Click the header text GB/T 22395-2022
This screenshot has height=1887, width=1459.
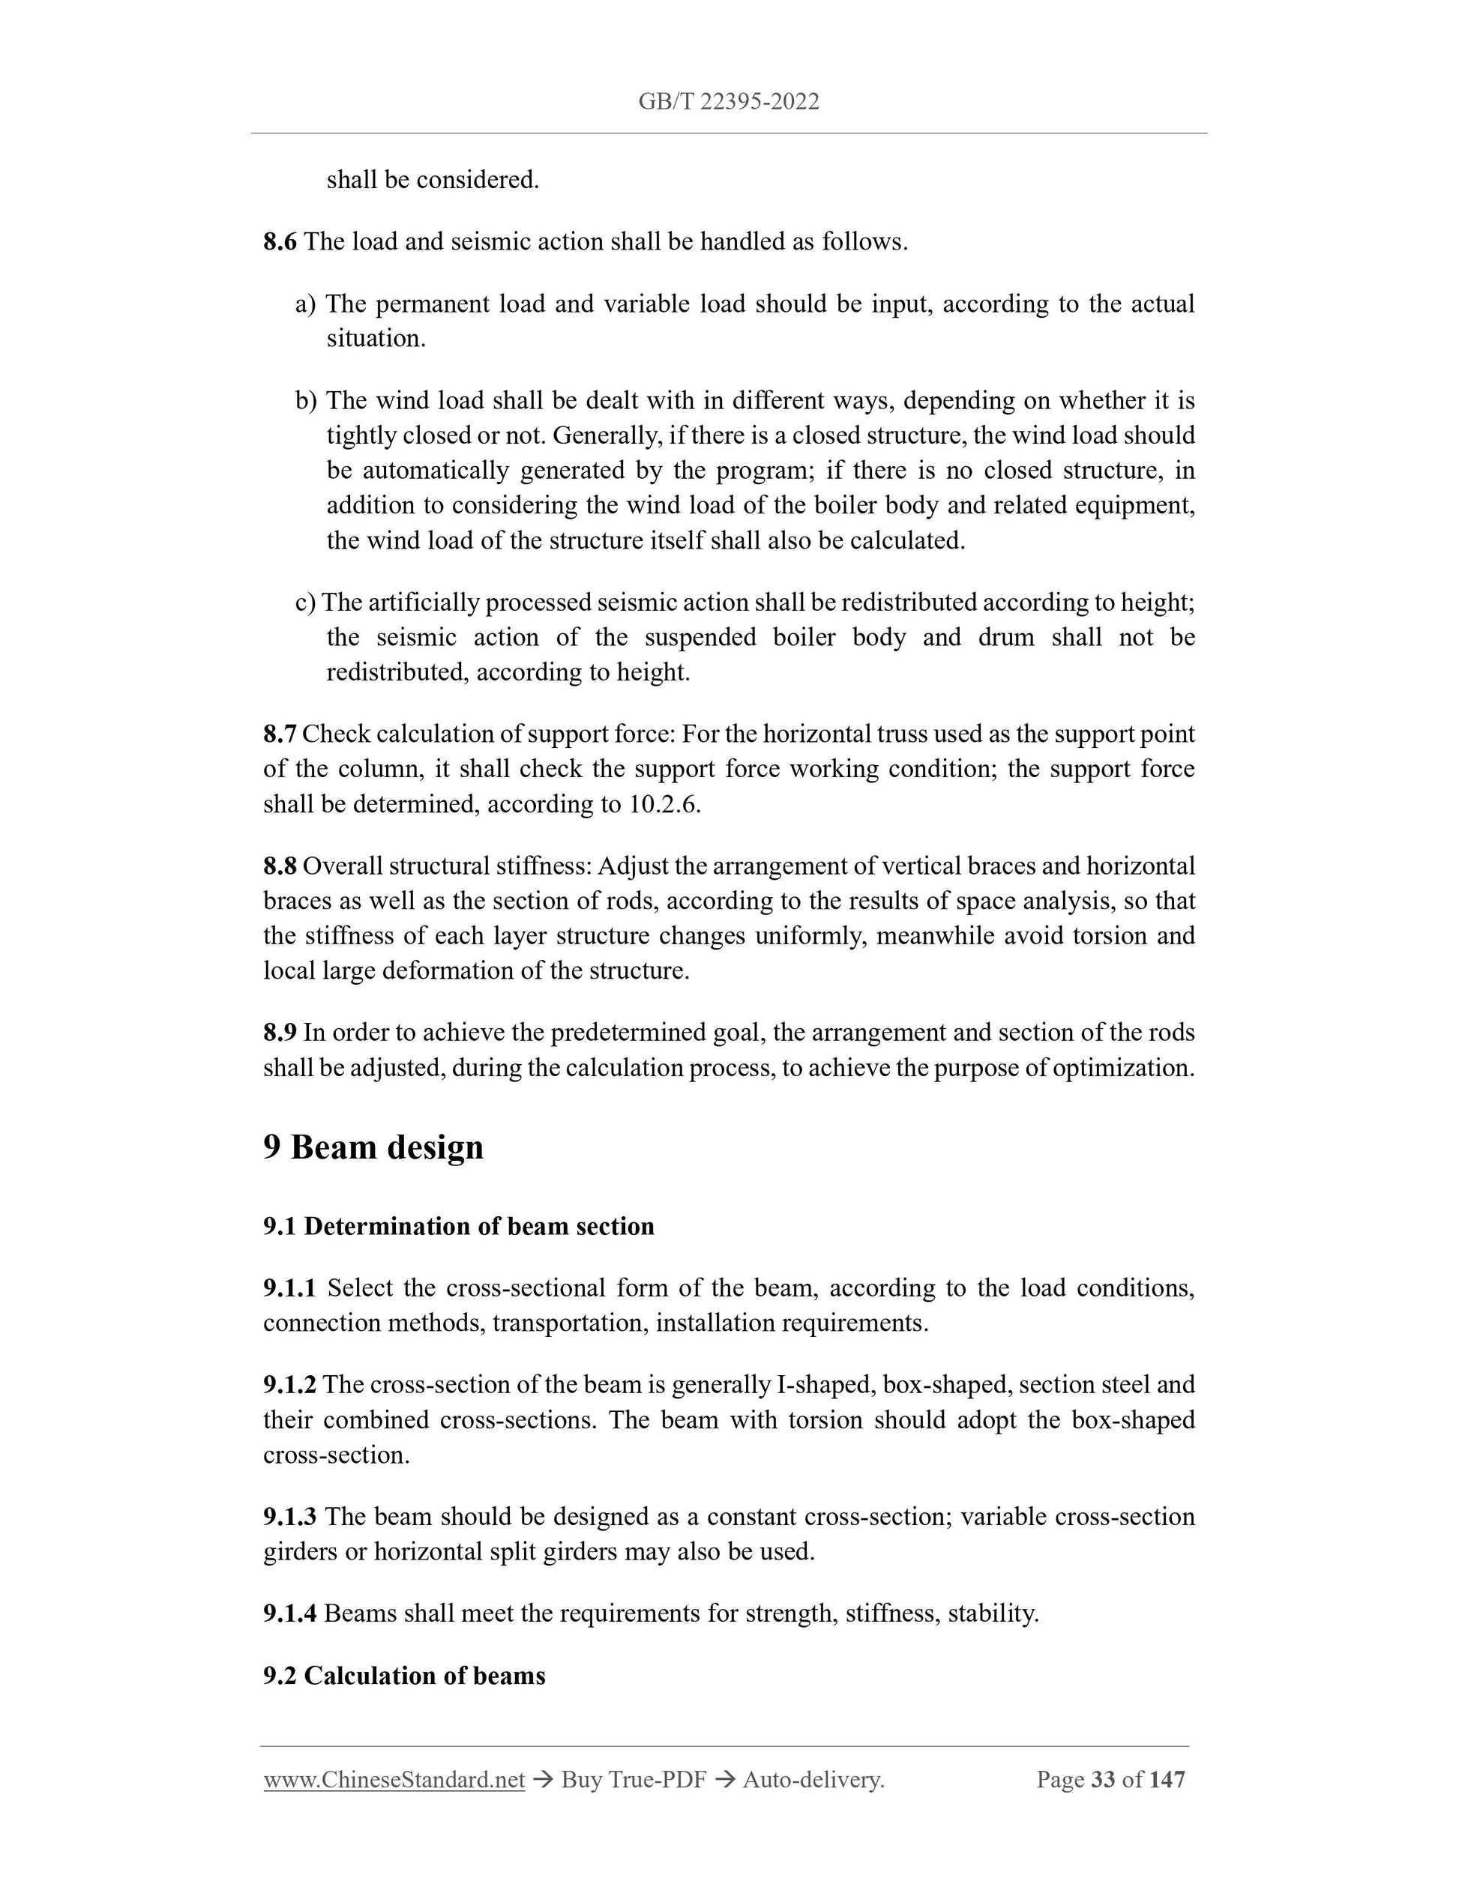[x=729, y=102]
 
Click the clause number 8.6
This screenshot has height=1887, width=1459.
[x=279, y=242]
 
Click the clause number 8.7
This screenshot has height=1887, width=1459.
[x=279, y=734]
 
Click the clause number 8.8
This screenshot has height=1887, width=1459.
[x=279, y=866]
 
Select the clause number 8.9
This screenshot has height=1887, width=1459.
[x=279, y=1033]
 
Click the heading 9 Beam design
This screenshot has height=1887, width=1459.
[x=373, y=1147]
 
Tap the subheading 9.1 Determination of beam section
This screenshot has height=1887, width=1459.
[x=458, y=1227]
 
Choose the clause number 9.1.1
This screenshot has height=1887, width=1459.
[x=289, y=1288]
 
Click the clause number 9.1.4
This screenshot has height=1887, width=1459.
[x=289, y=1614]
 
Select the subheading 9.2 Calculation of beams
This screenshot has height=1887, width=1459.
[x=403, y=1676]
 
